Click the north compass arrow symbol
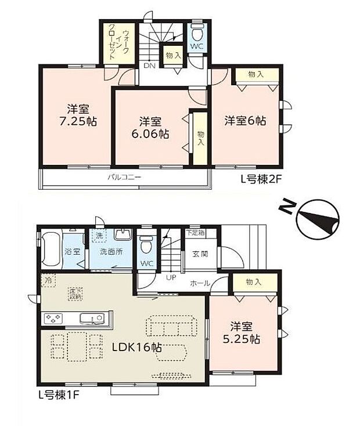316,219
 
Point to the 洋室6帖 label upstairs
246,121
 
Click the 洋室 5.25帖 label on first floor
244,333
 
